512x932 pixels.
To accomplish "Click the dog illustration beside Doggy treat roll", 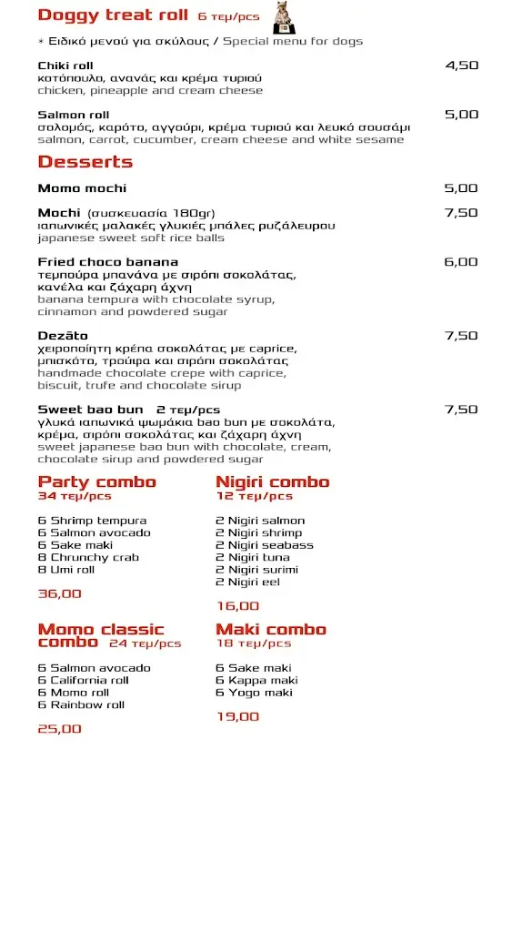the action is tap(282, 16).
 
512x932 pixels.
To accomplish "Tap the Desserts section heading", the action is tap(85, 162).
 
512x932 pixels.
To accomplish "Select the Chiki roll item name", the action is tap(65, 66).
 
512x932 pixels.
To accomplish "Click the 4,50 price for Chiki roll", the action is tap(461, 66).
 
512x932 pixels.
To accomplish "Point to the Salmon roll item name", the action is tap(74, 115).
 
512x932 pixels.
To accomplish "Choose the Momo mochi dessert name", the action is tap(82, 188).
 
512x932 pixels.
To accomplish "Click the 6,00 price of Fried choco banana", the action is tap(460, 262).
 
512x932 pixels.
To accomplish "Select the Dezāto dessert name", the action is tap(63, 336).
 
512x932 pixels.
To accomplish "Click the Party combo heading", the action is tap(97, 482).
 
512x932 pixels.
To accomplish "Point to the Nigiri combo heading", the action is tap(272, 482).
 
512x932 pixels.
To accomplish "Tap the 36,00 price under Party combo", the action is tap(60, 594).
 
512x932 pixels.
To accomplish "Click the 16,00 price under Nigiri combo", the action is tap(237, 606).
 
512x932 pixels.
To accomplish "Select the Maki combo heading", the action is tap(270, 630).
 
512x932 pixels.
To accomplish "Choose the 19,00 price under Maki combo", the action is tap(237, 717).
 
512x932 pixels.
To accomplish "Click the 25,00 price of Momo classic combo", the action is tap(60, 729).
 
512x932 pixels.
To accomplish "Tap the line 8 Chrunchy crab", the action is tap(88, 558).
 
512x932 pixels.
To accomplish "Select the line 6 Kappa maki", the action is tap(256, 681).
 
